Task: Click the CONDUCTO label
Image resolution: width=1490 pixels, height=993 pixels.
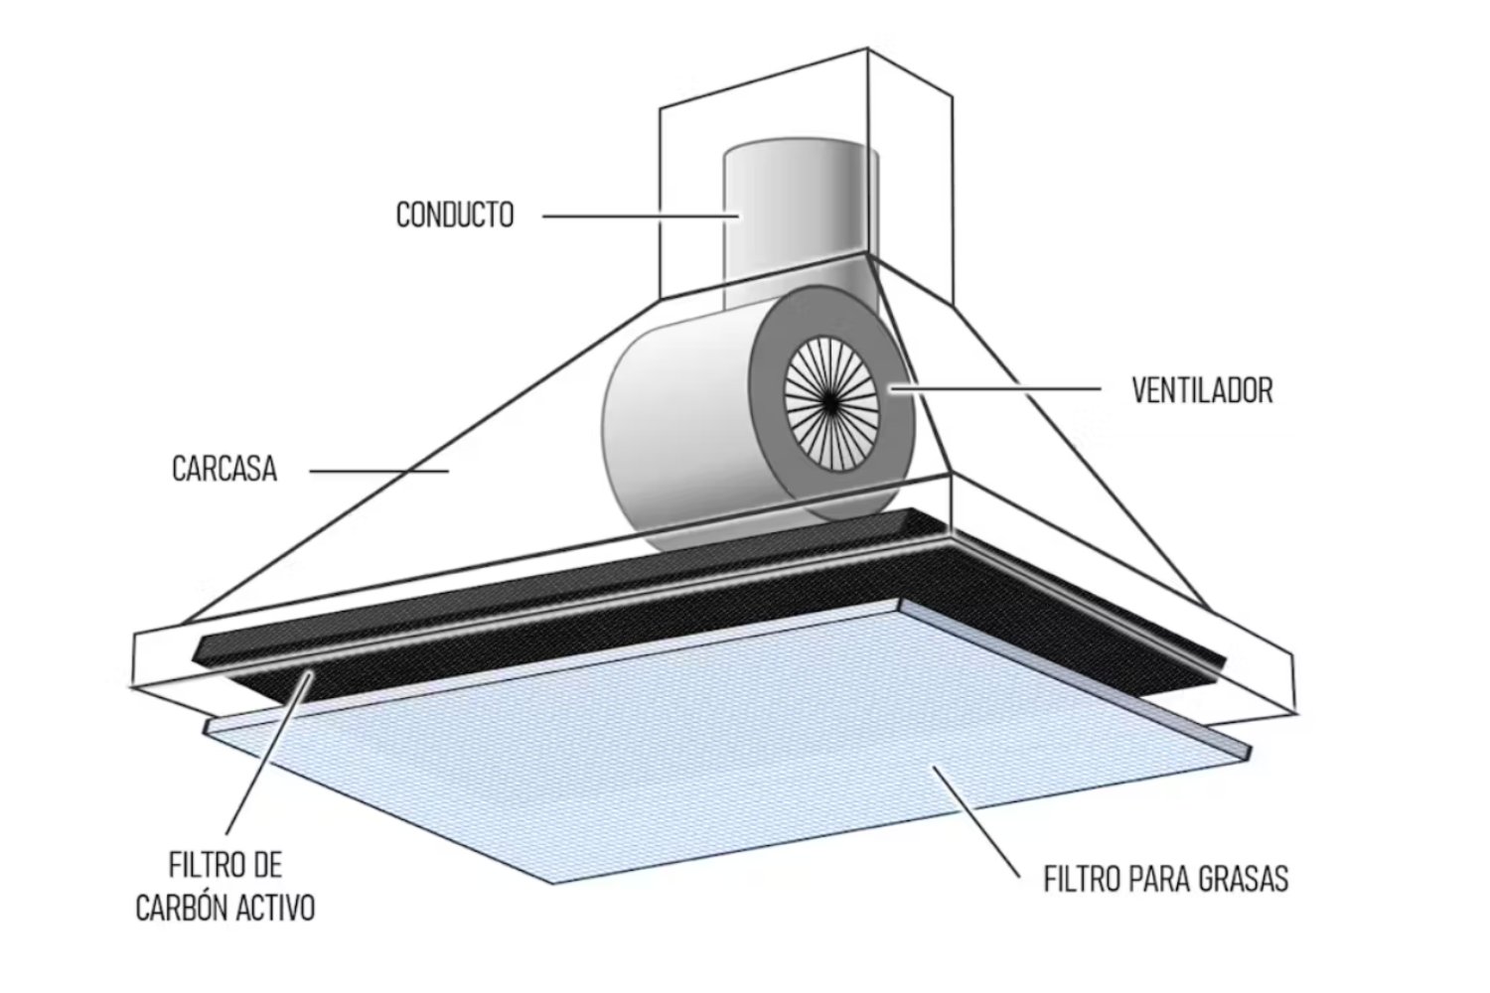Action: point(455,214)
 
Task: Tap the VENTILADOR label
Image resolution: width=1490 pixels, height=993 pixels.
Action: point(1202,390)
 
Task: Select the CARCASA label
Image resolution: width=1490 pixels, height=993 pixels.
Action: point(223,469)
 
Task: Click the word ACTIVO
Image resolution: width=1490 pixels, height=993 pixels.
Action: point(273,908)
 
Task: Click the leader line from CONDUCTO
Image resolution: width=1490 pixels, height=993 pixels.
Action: point(636,214)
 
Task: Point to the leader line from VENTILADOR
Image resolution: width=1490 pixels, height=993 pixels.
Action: point(1003,388)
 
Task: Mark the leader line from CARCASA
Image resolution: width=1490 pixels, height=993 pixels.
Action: point(377,471)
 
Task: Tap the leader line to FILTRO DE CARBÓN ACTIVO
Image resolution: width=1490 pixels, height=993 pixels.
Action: point(268,755)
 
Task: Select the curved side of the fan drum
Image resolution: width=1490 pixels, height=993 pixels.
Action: point(675,427)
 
